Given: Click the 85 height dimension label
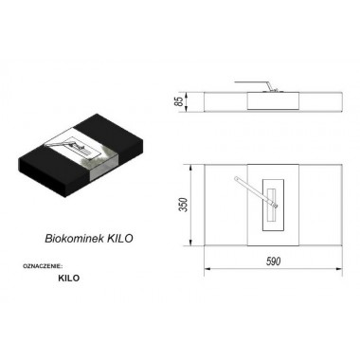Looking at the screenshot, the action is coord(179,101).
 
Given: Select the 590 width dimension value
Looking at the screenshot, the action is coord(273,261).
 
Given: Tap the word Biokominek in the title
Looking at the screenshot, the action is coord(75,239).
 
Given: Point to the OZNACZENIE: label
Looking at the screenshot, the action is coord(43,266).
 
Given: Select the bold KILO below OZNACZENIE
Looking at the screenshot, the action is coord(69,279).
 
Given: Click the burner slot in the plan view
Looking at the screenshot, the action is coord(272,205).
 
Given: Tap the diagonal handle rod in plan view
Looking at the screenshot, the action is coord(254,190).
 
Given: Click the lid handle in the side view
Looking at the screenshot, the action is coord(254,85).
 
